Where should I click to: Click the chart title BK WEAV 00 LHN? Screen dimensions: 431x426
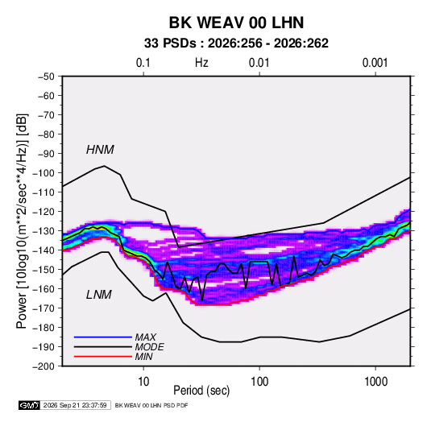click(x=236, y=23)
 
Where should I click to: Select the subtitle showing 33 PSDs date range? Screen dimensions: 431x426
click(x=236, y=43)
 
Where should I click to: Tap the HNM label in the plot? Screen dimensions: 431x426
click(x=100, y=150)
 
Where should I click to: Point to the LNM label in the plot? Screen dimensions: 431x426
click(x=98, y=295)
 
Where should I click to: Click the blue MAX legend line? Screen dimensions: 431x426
click(x=103, y=337)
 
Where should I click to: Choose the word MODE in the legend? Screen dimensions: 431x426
click(x=150, y=347)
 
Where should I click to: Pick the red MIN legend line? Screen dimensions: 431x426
click(x=103, y=357)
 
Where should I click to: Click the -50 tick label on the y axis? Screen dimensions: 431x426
click(x=46, y=77)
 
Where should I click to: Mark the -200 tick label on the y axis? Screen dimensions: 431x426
click(x=44, y=366)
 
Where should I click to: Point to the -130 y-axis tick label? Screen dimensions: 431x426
click(x=44, y=231)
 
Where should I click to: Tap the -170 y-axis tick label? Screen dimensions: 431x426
click(x=44, y=308)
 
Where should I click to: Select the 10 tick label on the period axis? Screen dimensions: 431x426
click(x=143, y=382)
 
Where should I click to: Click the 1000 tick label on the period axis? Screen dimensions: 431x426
click(x=375, y=382)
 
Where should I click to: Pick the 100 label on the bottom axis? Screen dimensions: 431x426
click(x=259, y=382)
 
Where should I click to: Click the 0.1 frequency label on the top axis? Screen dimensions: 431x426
click(x=143, y=63)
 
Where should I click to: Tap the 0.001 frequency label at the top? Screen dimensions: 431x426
click(x=375, y=63)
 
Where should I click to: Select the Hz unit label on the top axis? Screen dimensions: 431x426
click(x=201, y=63)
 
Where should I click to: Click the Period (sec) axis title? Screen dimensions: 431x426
click(x=201, y=391)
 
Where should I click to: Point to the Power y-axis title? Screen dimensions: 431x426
click(x=22, y=221)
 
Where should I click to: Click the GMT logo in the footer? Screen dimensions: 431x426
click(x=30, y=405)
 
